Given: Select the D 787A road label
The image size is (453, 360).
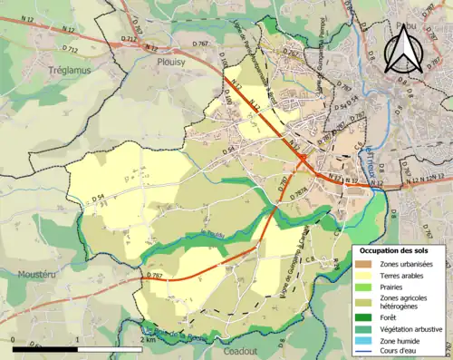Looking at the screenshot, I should (x=303, y=188).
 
